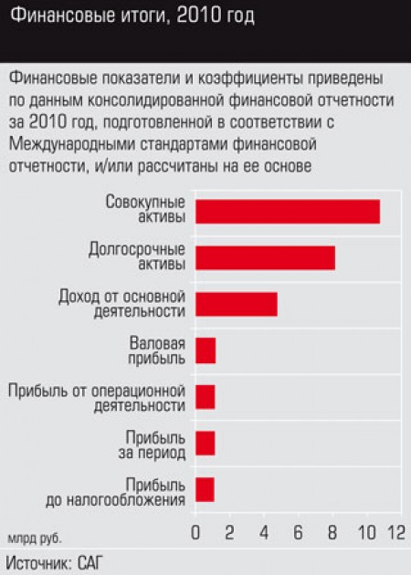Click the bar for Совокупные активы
[x=288, y=212]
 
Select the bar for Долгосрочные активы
[x=265, y=258]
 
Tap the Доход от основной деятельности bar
[x=237, y=304]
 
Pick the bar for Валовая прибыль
[x=205, y=351]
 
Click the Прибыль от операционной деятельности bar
[x=205, y=397]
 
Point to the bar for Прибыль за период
[x=205, y=444]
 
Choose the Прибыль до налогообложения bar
[x=205, y=490]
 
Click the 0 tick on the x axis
[x=195, y=532]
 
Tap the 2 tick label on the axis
[x=229, y=532]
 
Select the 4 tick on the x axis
[x=264, y=532]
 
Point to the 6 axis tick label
[x=298, y=532]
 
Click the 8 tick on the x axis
[x=332, y=532]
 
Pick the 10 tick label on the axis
[x=366, y=532]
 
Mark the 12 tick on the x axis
[x=396, y=532]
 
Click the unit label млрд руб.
[x=35, y=538]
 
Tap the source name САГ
[x=89, y=563]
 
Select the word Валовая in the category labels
[x=157, y=343]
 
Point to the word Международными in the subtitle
[x=71, y=144]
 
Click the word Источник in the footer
[x=39, y=563]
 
